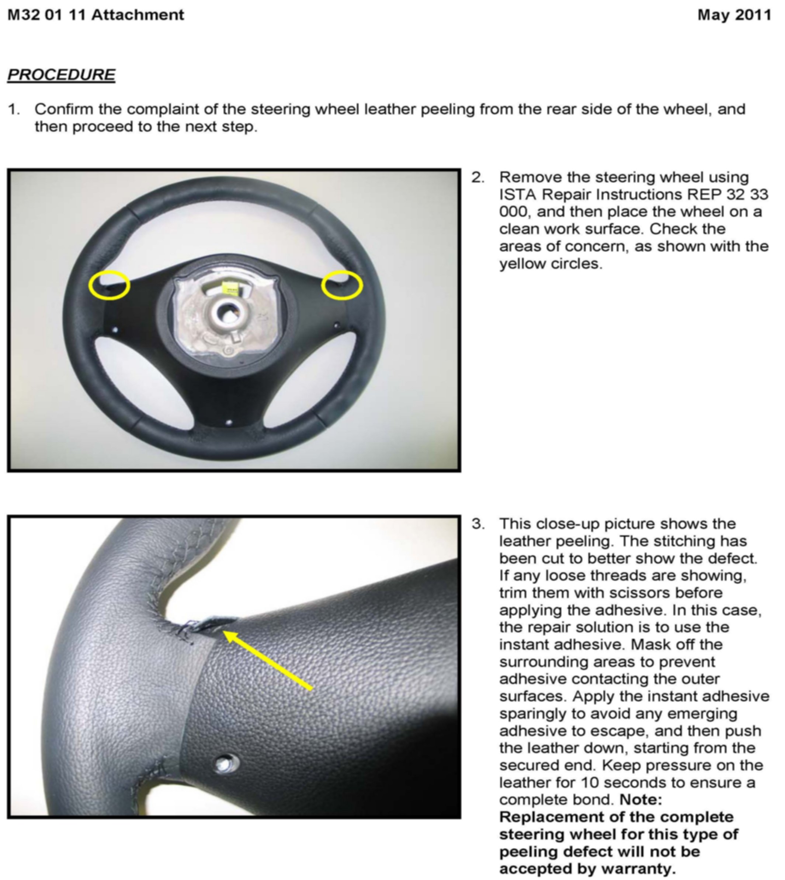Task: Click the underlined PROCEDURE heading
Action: tap(61, 74)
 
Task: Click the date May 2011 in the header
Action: tap(734, 15)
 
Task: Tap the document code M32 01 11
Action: tap(47, 15)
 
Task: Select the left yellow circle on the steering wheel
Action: tap(109, 285)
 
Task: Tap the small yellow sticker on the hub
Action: tap(231, 287)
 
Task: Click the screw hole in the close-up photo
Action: tap(226, 763)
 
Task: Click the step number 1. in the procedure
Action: tap(14, 109)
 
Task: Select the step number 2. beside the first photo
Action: tap(477, 177)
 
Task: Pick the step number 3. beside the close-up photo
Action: tap(477, 523)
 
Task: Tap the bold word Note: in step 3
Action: tap(640, 799)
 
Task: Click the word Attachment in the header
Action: tap(138, 15)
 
